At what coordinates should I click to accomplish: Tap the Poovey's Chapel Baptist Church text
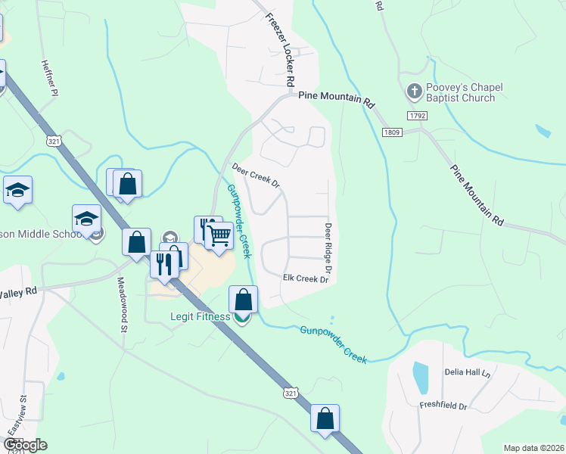coord(459,93)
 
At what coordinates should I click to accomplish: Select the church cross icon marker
coord(414,92)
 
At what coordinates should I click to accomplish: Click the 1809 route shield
coord(391,132)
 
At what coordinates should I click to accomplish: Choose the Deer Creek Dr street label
coord(256,175)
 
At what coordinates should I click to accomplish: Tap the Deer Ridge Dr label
coord(329,248)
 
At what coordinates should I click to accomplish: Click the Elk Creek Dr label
coord(306,279)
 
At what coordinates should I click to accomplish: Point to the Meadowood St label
coord(121,303)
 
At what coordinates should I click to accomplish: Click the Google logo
coord(25,445)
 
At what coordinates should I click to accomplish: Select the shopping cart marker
coord(219,236)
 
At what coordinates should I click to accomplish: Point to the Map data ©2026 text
coord(533,448)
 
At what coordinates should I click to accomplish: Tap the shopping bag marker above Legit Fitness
coord(244,300)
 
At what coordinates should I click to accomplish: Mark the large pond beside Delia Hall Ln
coord(421,376)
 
